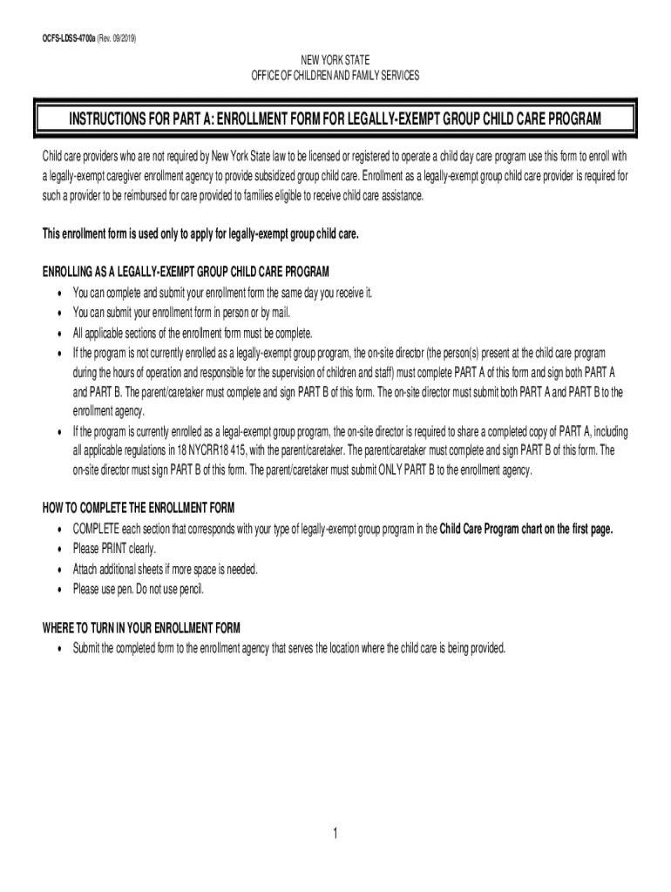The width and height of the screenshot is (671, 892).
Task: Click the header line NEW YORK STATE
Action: (335, 60)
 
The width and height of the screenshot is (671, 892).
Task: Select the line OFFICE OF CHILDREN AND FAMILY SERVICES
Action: (335, 76)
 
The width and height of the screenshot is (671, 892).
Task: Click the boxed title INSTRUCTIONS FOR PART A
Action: (335, 118)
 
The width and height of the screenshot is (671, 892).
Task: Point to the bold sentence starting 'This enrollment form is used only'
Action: (200, 235)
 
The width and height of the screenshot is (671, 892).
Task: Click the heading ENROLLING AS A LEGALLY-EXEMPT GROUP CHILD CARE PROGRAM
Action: (186, 271)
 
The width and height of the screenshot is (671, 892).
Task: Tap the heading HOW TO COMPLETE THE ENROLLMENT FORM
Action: (139, 508)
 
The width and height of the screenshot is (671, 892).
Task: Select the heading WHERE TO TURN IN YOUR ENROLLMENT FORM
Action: (142, 627)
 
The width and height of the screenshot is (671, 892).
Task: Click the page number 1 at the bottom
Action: (335, 834)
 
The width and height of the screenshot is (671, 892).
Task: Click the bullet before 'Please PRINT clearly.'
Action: (58, 550)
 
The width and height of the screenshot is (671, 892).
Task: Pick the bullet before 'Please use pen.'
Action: (58, 590)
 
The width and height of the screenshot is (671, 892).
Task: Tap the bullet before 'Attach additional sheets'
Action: (58, 570)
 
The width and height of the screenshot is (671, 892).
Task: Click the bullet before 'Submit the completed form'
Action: (58, 649)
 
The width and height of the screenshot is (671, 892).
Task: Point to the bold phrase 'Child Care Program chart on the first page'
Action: (527, 529)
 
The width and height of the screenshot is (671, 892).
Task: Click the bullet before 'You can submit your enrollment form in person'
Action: (58, 313)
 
